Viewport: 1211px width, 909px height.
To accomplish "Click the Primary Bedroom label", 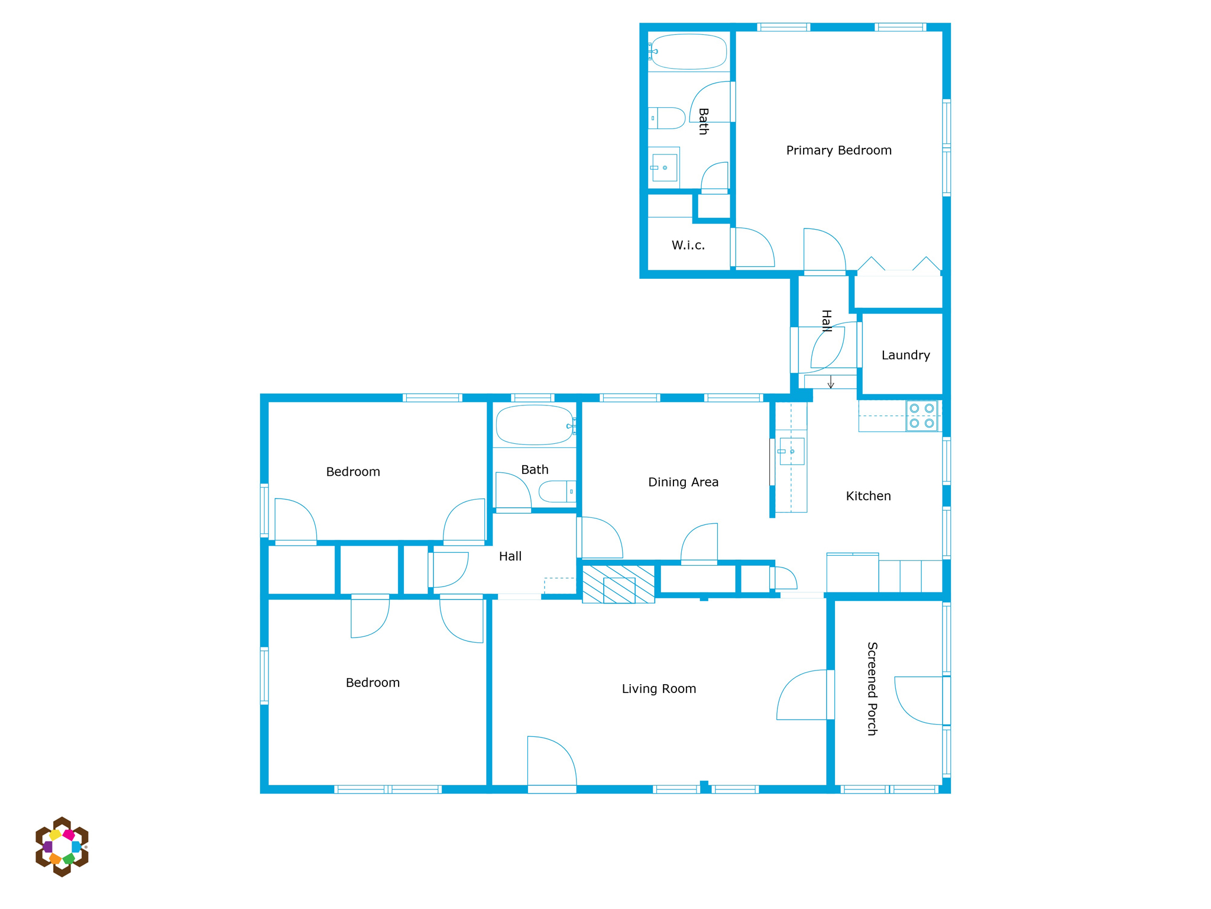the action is click(838, 150).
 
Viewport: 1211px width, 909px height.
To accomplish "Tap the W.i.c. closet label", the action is click(688, 245).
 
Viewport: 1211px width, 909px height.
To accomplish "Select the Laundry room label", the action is click(905, 355).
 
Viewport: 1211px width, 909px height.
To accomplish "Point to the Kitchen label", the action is click(868, 496).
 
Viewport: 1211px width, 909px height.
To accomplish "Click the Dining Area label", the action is click(683, 482).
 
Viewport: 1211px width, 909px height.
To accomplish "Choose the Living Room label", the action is click(659, 689).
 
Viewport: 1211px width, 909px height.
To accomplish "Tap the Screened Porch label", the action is click(872, 688).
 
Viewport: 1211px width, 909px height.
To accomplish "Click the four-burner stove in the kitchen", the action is click(922, 415).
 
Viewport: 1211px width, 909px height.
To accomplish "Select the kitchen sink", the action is click(791, 452).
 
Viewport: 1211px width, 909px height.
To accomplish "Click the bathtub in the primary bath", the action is click(688, 51).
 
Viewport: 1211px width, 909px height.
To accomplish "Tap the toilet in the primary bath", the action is click(667, 118).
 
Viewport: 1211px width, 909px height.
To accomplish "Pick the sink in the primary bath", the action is click(664, 167).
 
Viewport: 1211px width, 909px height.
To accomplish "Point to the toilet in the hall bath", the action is click(557, 491).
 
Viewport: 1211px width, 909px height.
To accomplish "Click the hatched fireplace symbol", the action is click(619, 584).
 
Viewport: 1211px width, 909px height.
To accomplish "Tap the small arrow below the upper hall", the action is click(831, 382).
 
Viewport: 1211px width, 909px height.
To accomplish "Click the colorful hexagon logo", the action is click(62, 847).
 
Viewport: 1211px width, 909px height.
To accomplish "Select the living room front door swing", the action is click(552, 762).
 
